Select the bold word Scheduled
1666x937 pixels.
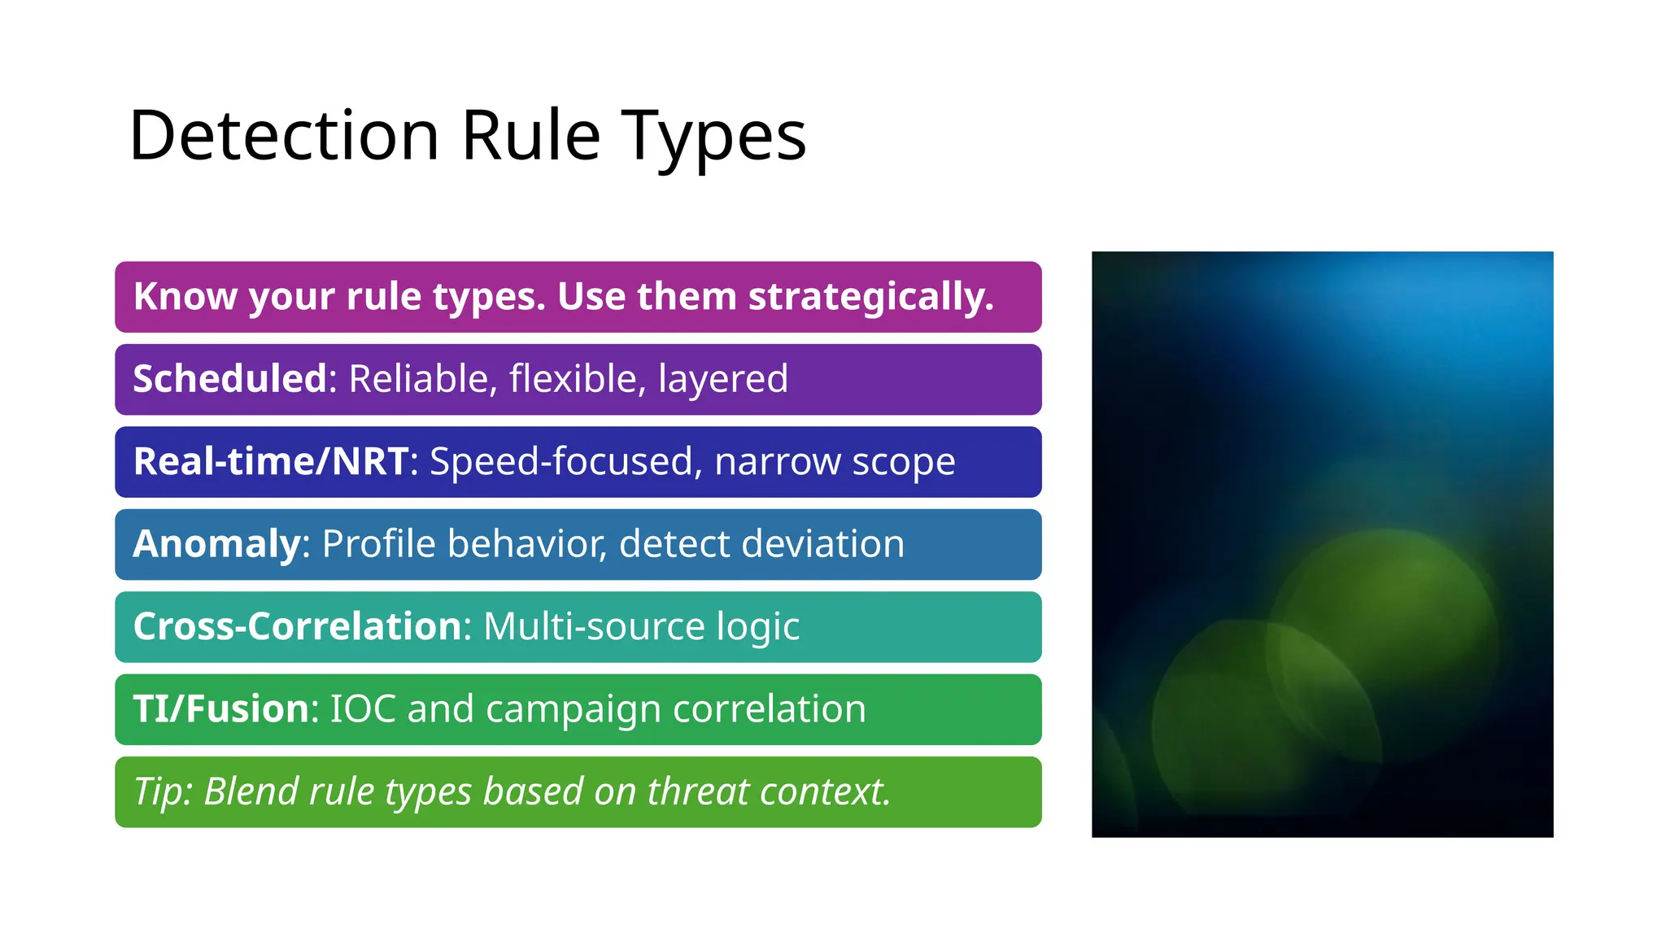[x=230, y=379]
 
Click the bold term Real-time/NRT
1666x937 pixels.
[x=271, y=461]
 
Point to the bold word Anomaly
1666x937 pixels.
[x=217, y=544]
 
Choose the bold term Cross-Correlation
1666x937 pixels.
[x=298, y=626]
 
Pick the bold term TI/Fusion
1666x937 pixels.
[x=221, y=708]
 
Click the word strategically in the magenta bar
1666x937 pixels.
[x=870, y=297]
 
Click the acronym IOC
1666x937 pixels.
[x=363, y=708]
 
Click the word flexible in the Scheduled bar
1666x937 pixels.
[x=577, y=379]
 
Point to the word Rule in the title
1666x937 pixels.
[x=530, y=135]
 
